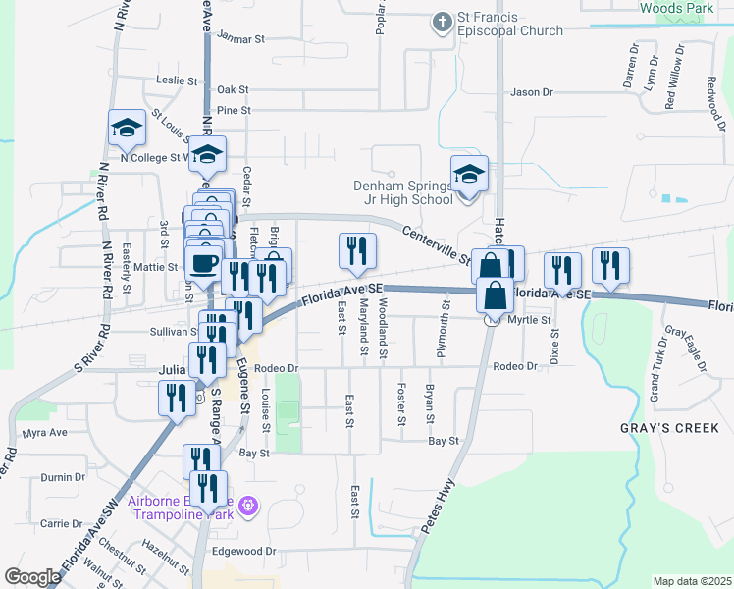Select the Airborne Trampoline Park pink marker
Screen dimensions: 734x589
[248, 505]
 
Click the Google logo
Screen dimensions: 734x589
[32, 577]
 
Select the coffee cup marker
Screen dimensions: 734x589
[203, 264]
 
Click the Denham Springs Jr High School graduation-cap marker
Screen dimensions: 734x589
[470, 176]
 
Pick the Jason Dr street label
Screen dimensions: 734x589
[532, 92]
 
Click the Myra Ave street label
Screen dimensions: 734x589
[44, 433]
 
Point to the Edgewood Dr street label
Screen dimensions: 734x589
[245, 552]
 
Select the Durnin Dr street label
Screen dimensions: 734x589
[63, 477]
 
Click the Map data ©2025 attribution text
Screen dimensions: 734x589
[692, 581]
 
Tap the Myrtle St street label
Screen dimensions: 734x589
[533, 320]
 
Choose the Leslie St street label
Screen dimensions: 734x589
[178, 80]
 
